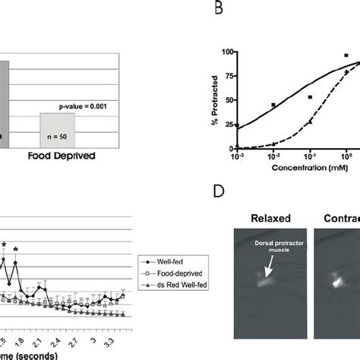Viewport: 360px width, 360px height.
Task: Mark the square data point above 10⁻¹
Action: point(310,97)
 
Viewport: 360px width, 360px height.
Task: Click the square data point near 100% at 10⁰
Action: point(346,55)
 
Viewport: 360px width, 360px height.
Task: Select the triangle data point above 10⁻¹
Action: point(310,122)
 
